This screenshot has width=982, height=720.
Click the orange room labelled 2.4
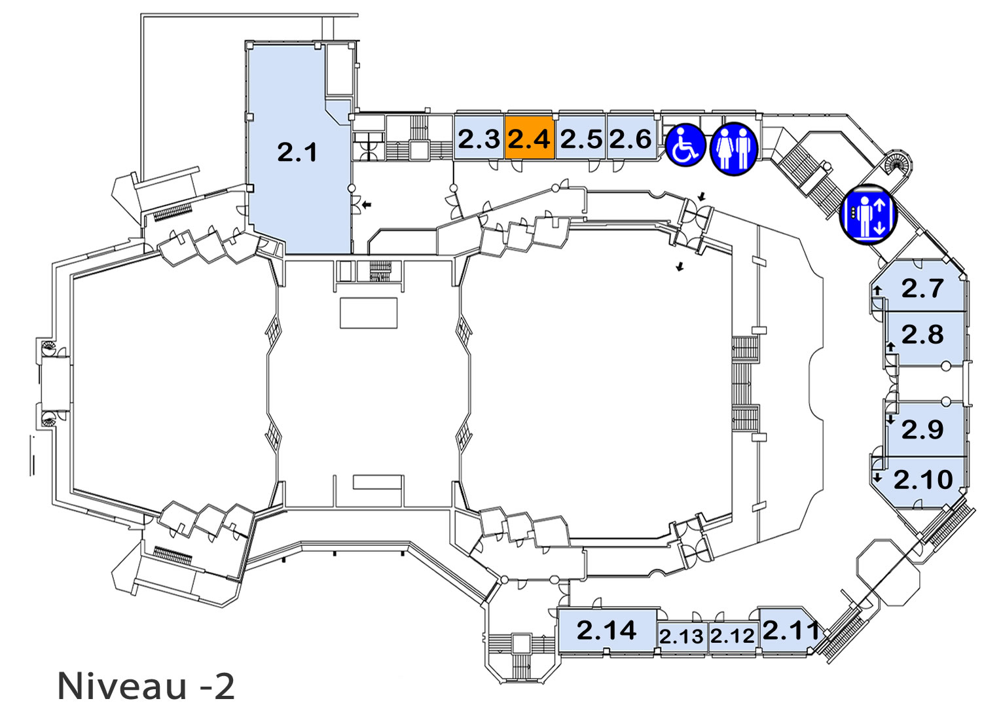click(530, 137)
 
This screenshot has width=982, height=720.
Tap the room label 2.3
click(479, 139)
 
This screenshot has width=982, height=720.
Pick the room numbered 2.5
click(581, 137)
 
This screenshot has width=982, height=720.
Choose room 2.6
click(631, 137)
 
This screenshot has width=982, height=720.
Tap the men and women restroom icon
click(734, 149)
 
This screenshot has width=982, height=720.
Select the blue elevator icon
click(868, 214)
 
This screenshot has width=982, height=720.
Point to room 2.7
click(919, 287)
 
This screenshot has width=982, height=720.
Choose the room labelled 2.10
click(919, 482)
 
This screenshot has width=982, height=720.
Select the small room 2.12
click(733, 638)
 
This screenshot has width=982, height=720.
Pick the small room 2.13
click(682, 638)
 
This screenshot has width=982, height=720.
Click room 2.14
click(607, 631)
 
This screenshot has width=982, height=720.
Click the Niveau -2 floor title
click(146, 687)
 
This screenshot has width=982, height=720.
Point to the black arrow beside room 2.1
click(367, 204)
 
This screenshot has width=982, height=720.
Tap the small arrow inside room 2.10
click(877, 477)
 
